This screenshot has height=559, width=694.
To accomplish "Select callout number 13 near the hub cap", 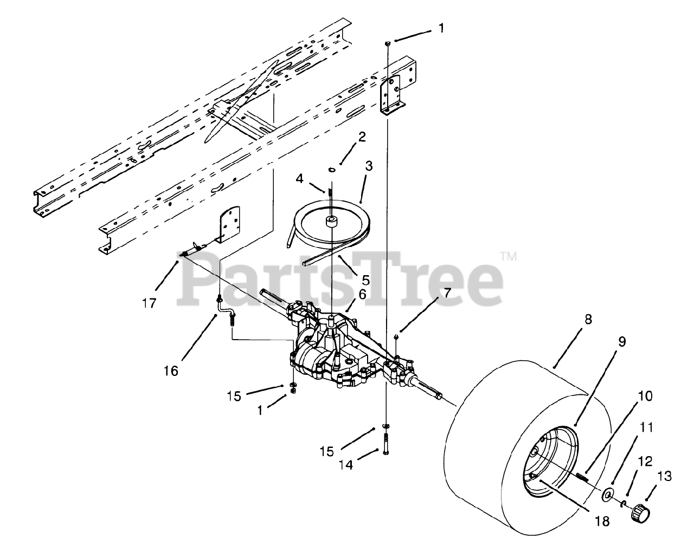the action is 666,476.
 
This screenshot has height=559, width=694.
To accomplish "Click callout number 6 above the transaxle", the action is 362,295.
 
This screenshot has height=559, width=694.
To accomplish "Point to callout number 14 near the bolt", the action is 346,464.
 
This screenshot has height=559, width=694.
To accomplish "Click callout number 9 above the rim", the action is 621,342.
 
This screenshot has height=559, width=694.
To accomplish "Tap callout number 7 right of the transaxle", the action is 447,293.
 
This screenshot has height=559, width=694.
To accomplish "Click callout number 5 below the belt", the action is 365,280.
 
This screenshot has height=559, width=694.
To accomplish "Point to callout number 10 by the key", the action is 645,396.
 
